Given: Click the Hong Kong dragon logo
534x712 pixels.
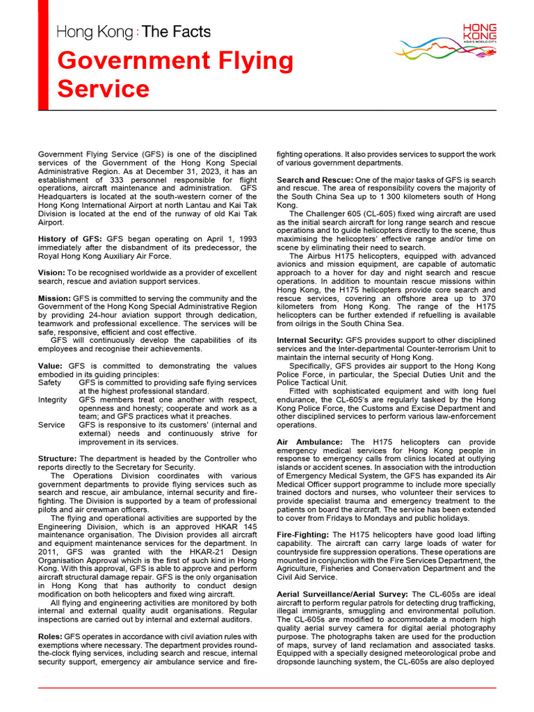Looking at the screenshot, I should pyautogui.click(x=445, y=42).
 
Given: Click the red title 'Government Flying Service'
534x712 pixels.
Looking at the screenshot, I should pyautogui.click(x=175, y=74).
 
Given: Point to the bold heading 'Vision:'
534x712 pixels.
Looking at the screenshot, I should pyautogui.click(x=51, y=272).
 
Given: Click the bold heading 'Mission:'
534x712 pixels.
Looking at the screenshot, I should pyautogui.click(x=54, y=298).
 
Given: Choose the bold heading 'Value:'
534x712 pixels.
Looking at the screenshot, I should pyautogui.click(x=50, y=366).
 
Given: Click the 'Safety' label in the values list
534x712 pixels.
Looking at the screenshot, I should pyautogui.click(x=49, y=382).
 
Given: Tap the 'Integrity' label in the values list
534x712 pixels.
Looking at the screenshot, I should pyautogui.click(x=53, y=400).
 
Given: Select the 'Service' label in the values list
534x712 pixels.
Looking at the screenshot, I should pyautogui.click(x=51, y=425).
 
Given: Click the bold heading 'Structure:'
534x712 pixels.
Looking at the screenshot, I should pyautogui.click(x=58, y=459).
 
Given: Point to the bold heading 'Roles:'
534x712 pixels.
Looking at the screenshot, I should pyautogui.click(x=49, y=636).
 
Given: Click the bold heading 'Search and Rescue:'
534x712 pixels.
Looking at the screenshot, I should pyautogui.click(x=316, y=180).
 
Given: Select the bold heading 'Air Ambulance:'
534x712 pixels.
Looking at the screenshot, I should pyautogui.click(x=309, y=442).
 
